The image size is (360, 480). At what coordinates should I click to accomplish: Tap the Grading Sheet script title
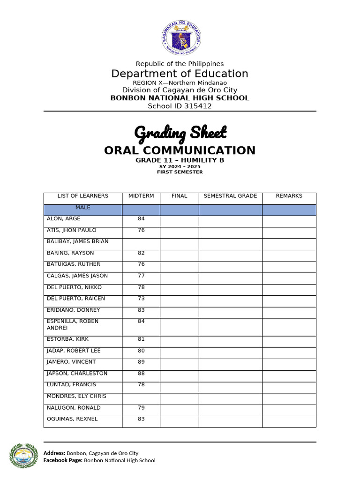pos(180,133)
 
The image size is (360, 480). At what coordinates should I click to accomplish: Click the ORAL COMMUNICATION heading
pos(180,150)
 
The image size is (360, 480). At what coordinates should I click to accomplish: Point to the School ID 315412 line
pos(180,106)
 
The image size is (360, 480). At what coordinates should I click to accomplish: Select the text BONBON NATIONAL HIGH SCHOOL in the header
pos(180,98)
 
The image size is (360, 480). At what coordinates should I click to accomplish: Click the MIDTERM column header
pos(141,196)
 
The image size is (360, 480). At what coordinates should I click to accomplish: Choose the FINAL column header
pos(179,196)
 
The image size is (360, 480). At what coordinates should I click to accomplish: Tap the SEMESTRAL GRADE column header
pos(230,196)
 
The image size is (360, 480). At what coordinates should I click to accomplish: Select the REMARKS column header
pos(289,196)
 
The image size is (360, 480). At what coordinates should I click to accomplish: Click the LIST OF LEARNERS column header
pos(82,196)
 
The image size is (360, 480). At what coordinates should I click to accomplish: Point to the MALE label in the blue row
pos(82,207)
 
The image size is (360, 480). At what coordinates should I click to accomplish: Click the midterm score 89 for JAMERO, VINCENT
pos(141,362)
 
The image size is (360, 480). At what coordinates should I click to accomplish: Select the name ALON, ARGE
pos(63,219)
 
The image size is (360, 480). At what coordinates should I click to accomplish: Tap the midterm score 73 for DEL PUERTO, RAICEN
pos(141,299)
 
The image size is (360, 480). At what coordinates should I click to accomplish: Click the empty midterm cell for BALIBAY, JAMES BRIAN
pos(141,242)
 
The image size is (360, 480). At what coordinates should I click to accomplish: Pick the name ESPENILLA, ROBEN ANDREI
pos(72,325)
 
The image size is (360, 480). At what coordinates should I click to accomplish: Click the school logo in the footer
pos(23,456)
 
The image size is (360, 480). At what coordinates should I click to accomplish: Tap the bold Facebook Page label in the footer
pos(63,460)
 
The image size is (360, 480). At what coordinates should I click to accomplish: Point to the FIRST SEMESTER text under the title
pos(180,172)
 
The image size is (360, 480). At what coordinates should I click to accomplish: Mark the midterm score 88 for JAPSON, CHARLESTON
pos(141,374)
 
